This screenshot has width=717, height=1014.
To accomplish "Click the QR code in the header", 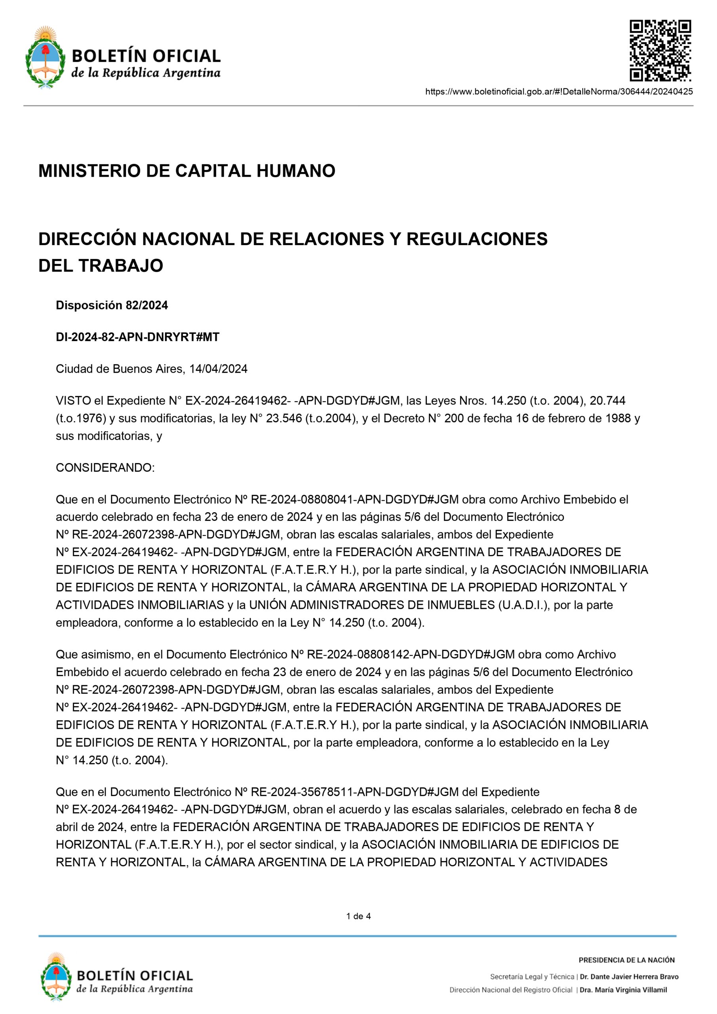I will pos(660,51).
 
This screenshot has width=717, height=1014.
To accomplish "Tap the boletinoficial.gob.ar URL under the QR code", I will pos(559,92).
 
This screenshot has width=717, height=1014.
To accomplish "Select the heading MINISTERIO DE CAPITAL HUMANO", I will pos(187,171).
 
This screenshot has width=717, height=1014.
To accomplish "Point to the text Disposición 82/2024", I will pos(112,305).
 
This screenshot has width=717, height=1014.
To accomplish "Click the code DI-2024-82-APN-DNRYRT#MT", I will pos(137,337).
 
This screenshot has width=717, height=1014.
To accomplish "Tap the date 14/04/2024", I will pos(218,369).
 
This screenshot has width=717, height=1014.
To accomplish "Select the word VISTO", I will pos(73,400).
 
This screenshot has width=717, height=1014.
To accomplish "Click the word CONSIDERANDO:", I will pos(105,468).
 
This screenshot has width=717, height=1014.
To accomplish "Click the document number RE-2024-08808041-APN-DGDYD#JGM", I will pos(354,499).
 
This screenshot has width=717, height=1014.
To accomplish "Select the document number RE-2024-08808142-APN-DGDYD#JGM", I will pos(411,654).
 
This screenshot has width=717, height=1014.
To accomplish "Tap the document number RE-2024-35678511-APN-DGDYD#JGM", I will pos(354,792).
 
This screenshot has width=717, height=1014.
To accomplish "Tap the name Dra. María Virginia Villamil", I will pos(623,990).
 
